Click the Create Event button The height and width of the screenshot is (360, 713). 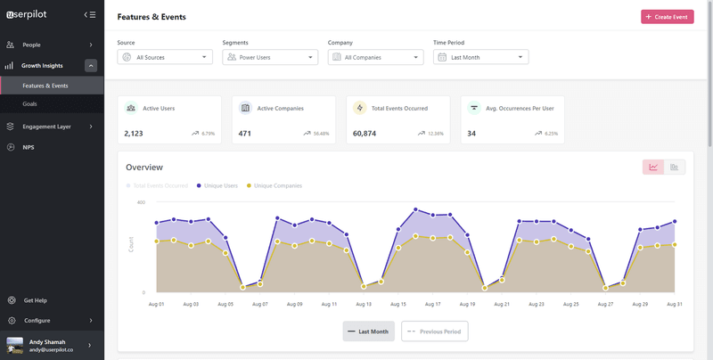(667, 17)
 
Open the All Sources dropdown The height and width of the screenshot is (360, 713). (165, 57)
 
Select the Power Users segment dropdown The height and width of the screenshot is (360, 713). (270, 57)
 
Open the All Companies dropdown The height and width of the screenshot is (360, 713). (375, 57)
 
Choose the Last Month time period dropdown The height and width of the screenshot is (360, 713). (480, 57)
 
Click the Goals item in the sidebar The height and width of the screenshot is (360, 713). (30, 104)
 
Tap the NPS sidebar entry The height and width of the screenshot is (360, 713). (29, 147)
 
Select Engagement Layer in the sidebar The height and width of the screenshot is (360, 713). (46, 127)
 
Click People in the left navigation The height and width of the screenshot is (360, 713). (32, 45)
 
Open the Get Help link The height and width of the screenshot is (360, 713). (36, 300)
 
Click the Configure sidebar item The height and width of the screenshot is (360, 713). (37, 320)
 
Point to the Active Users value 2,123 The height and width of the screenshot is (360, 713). (134, 134)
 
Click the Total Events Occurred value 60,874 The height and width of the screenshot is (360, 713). (364, 134)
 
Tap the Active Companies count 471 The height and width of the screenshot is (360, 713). (245, 134)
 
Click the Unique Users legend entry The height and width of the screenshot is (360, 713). (220, 186)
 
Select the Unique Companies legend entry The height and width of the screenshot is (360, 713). (277, 186)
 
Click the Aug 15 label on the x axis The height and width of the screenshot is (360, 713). (397, 304)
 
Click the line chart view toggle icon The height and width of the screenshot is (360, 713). (653, 167)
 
